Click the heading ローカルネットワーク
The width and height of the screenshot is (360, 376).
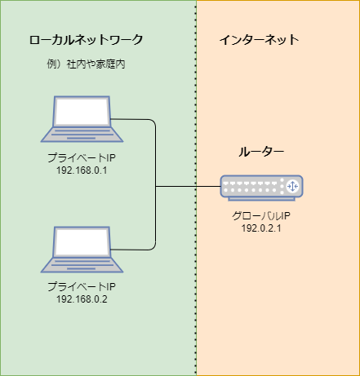pos(86,40)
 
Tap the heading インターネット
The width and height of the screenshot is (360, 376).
pos(260,40)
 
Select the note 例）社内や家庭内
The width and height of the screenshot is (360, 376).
pos(86,64)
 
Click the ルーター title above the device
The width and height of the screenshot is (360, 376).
pos(261,152)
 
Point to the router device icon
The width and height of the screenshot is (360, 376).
pos(261,188)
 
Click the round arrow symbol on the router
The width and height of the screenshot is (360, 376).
pos(292,186)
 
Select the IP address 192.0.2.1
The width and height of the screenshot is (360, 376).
pos(261,228)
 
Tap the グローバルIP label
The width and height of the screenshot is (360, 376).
pos(261,216)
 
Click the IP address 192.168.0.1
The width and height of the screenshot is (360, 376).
pos(82,170)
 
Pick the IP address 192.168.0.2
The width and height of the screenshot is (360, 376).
pos(82,299)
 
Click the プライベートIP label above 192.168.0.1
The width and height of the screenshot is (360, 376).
pos(82,158)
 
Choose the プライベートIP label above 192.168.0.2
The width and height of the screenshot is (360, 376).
pos(82,287)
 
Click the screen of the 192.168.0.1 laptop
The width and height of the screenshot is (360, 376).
pos(82,111)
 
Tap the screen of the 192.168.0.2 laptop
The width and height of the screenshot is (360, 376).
pos(82,241)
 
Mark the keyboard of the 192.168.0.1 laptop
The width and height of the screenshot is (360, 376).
pos(82,135)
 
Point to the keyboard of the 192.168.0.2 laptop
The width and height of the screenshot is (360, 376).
pos(82,265)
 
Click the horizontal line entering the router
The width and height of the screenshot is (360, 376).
pos(188,187)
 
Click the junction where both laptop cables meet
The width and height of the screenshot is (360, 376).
pos(156,187)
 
